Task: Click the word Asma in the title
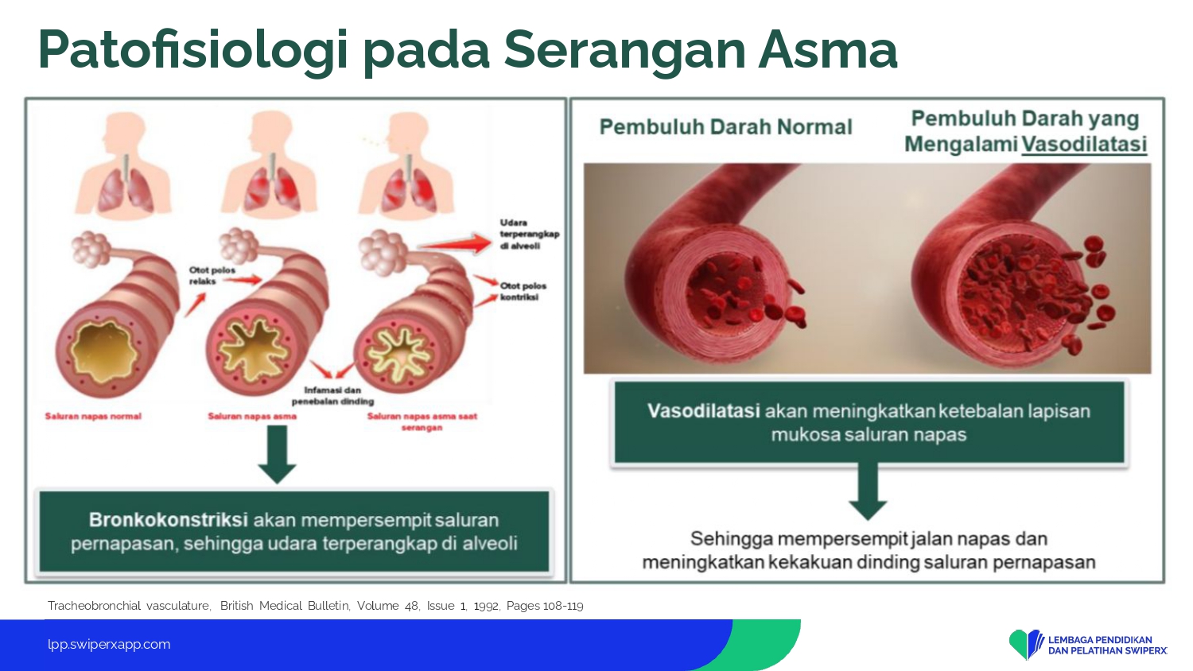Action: [x=828, y=50]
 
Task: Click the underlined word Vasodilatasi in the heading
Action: [x=1084, y=145]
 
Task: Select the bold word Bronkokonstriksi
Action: [x=169, y=520]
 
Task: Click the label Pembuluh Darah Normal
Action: [x=726, y=127]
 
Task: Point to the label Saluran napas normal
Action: [x=93, y=417]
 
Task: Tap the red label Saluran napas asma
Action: [x=252, y=417]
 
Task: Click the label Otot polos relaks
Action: [x=212, y=276]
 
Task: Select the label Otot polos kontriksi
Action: [x=523, y=291]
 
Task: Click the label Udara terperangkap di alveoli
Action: [x=530, y=235]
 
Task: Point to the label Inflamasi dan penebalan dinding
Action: [x=333, y=396]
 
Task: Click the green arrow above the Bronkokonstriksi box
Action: [x=277, y=454]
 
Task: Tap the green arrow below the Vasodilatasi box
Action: [x=868, y=491]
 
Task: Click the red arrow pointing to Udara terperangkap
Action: [x=454, y=244]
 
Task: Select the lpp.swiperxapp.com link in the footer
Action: [x=109, y=645]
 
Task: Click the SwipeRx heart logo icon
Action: [x=1026, y=645]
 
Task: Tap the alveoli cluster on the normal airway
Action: [x=91, y=250]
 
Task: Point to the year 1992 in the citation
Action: [x=486, y=606]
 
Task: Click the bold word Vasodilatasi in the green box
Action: [x=704, y=411]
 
